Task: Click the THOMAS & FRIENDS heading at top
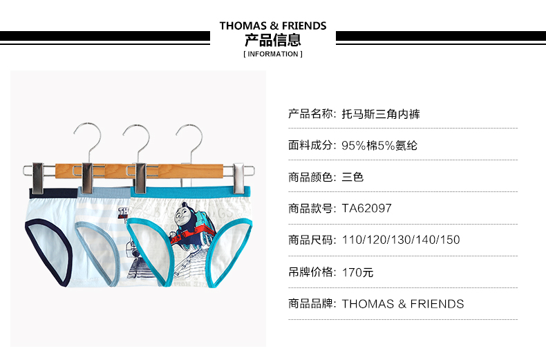(273, 26)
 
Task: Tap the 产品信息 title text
(273, 39)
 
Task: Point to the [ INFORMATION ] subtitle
(273, 54)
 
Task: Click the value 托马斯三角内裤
(381, 115)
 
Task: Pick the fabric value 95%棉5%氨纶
(379, 146)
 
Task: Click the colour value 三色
(352, 177)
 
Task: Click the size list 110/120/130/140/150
(401, 240)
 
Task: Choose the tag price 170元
(358, 272)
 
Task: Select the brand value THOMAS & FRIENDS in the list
(403, 303)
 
